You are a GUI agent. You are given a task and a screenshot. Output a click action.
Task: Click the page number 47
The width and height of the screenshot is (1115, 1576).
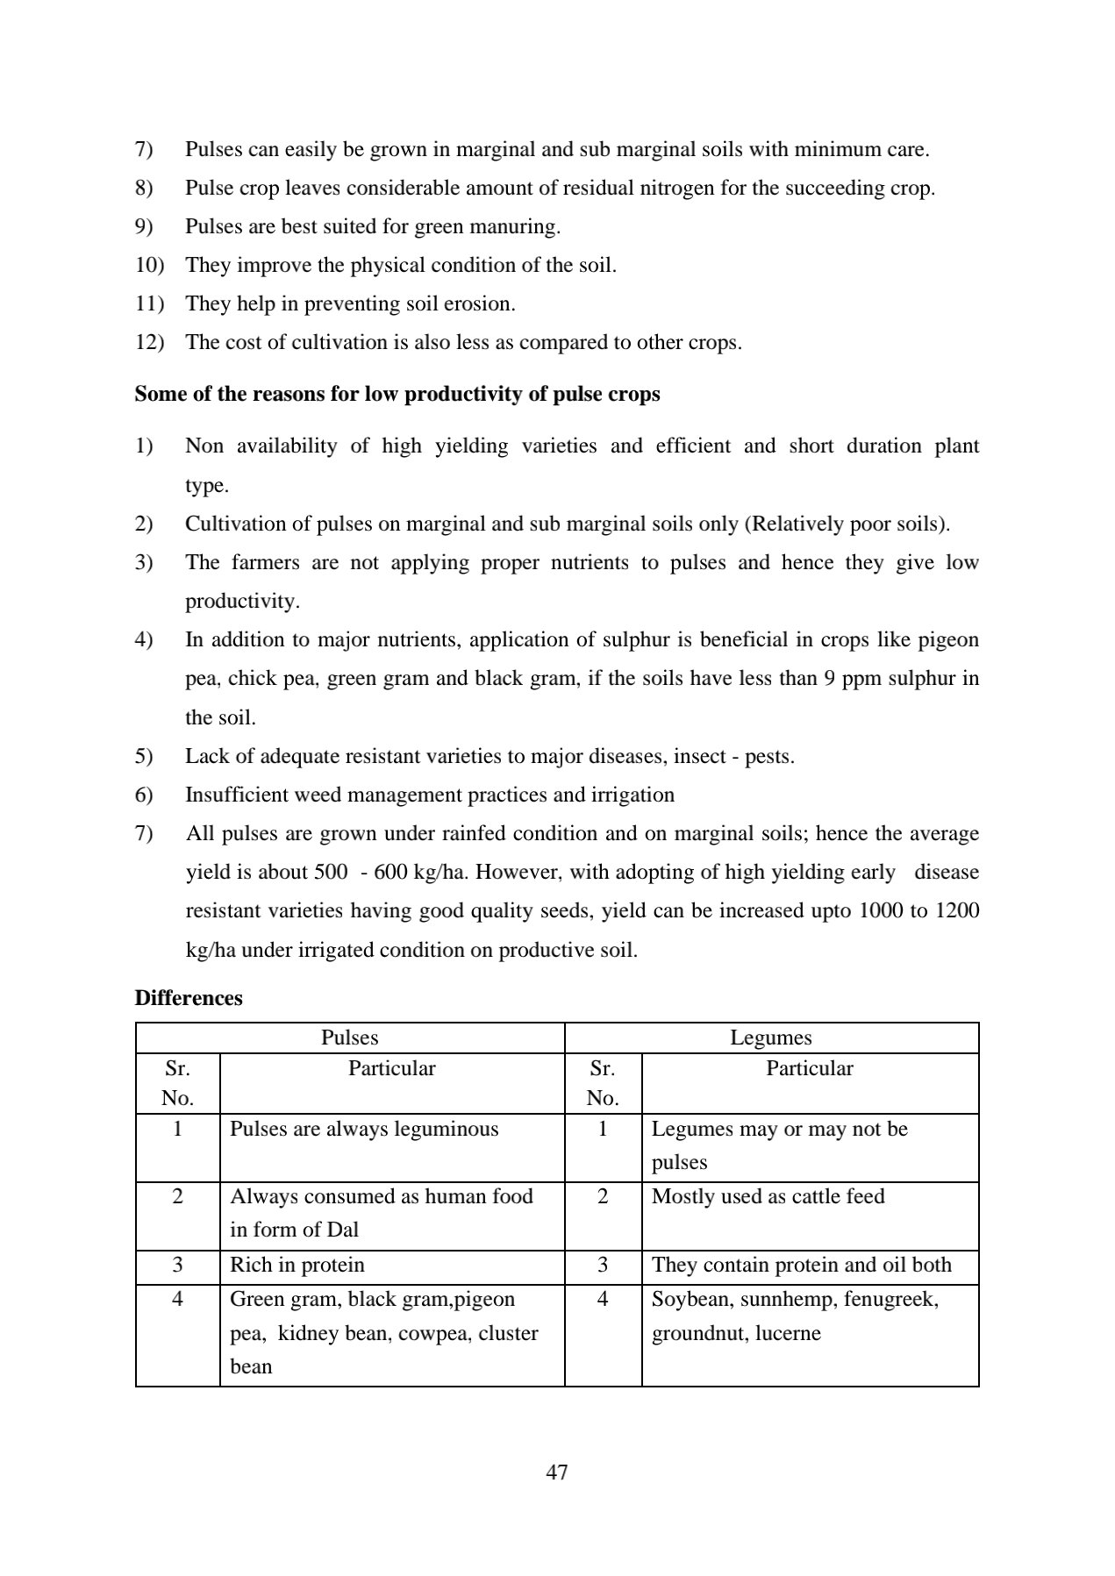556,1473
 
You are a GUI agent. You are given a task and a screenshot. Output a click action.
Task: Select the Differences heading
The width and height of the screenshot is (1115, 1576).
189,998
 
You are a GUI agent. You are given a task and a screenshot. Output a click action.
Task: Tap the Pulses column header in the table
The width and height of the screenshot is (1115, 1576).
349,1038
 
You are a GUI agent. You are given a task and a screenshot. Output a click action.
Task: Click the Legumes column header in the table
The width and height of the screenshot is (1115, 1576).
770,1038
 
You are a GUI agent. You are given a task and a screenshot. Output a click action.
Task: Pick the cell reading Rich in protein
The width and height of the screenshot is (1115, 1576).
297,1265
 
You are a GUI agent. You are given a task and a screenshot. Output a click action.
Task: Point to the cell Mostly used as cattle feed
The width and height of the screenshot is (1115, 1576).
768,1196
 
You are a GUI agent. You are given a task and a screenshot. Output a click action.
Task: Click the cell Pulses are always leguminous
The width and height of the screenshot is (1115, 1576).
363,1129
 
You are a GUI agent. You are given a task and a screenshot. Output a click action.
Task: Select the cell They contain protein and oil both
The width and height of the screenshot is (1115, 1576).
801,1265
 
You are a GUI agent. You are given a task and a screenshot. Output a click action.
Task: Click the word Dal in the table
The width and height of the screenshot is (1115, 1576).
342,1230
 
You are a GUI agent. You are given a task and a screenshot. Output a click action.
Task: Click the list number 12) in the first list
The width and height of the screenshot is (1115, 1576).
150,342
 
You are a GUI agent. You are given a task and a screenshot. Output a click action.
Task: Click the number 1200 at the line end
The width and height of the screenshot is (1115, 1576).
957,910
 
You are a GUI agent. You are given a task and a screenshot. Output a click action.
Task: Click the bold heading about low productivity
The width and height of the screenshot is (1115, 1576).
397,394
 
